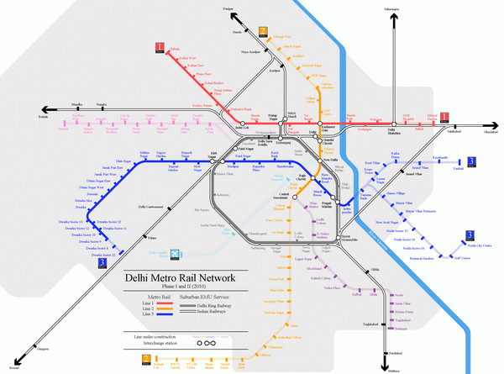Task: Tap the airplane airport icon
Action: coord(175,254)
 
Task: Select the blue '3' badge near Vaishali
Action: coord(472,161)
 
